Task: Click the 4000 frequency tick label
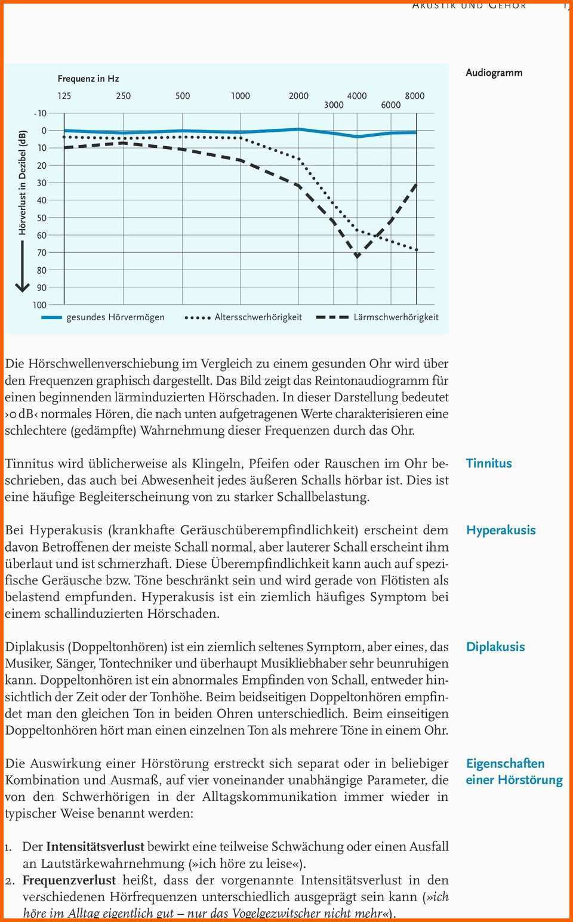tap(357, 95)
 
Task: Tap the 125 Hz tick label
tap(64, 95)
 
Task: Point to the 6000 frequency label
tap(391, 105)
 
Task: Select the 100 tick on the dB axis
tap(39, 305)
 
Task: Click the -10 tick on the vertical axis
tap(40, 113)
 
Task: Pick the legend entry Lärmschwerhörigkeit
tap(396, 317)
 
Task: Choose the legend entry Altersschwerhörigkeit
tap(258, 317)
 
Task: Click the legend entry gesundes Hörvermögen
tap(115, 317)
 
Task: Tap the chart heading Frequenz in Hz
tap(88, 79)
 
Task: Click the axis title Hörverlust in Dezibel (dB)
tap(23, 182)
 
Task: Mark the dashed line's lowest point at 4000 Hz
tap(357, 256)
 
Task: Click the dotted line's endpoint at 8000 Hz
tap(416, 249)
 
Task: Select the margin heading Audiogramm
tap(494, 73)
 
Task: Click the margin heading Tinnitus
tap(489, 463)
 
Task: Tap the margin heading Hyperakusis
tap(501, 530)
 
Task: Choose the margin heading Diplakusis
tap(495, 647)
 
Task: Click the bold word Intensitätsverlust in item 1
tap(95, 846)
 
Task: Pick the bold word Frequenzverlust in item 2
tap(69, 880)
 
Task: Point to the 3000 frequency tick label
tap(334, 105)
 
